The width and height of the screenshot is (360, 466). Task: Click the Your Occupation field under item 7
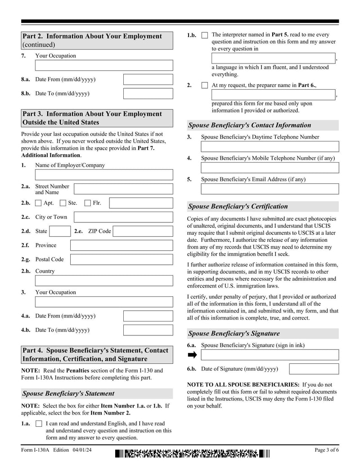point(103,65)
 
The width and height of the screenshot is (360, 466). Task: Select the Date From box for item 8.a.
point(148,80)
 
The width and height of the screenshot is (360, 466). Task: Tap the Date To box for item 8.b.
point(148,94)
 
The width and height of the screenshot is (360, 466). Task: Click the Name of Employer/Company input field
point(103,175)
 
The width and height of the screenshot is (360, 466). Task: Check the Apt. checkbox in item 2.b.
point(38,203)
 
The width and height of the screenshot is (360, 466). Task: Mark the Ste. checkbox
point(63,203)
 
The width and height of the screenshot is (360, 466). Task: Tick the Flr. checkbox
point(88,203)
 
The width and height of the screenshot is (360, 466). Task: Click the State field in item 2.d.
point(59,231)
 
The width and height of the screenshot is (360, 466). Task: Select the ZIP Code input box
point(142,231)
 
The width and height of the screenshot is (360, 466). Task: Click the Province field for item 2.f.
point(121,245)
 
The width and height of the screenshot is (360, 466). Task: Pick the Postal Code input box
point(121,259)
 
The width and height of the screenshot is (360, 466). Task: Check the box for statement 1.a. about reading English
point(39,424)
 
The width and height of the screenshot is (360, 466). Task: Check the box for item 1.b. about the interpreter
point(205,35)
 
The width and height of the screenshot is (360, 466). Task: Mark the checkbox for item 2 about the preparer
point(205,85)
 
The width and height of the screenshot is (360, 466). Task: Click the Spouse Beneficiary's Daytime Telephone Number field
point(270,146)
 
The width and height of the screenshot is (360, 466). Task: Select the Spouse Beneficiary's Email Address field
point(270,189)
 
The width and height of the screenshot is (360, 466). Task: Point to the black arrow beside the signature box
point(192,355)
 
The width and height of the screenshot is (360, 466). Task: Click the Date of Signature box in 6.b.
point(314,369)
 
